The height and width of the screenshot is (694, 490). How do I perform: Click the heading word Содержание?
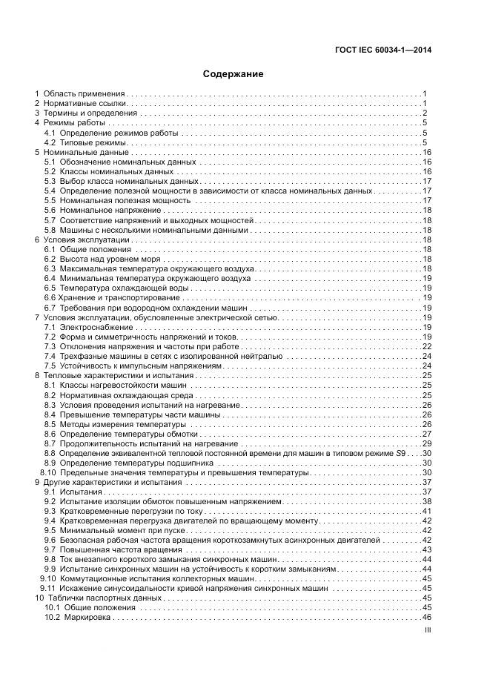(233, 74)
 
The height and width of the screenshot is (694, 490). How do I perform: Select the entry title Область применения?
(84, 94)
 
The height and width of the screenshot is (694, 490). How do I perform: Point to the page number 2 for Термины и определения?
(425, 113)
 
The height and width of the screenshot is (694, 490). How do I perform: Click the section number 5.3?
(50, 181)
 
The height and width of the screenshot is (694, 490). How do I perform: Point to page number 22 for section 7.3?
(427, 346)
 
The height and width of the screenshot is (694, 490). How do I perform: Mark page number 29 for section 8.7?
(427, 443)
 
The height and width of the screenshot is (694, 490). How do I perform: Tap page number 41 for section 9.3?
(427, 511)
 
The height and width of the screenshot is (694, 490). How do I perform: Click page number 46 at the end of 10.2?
(427, 618)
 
